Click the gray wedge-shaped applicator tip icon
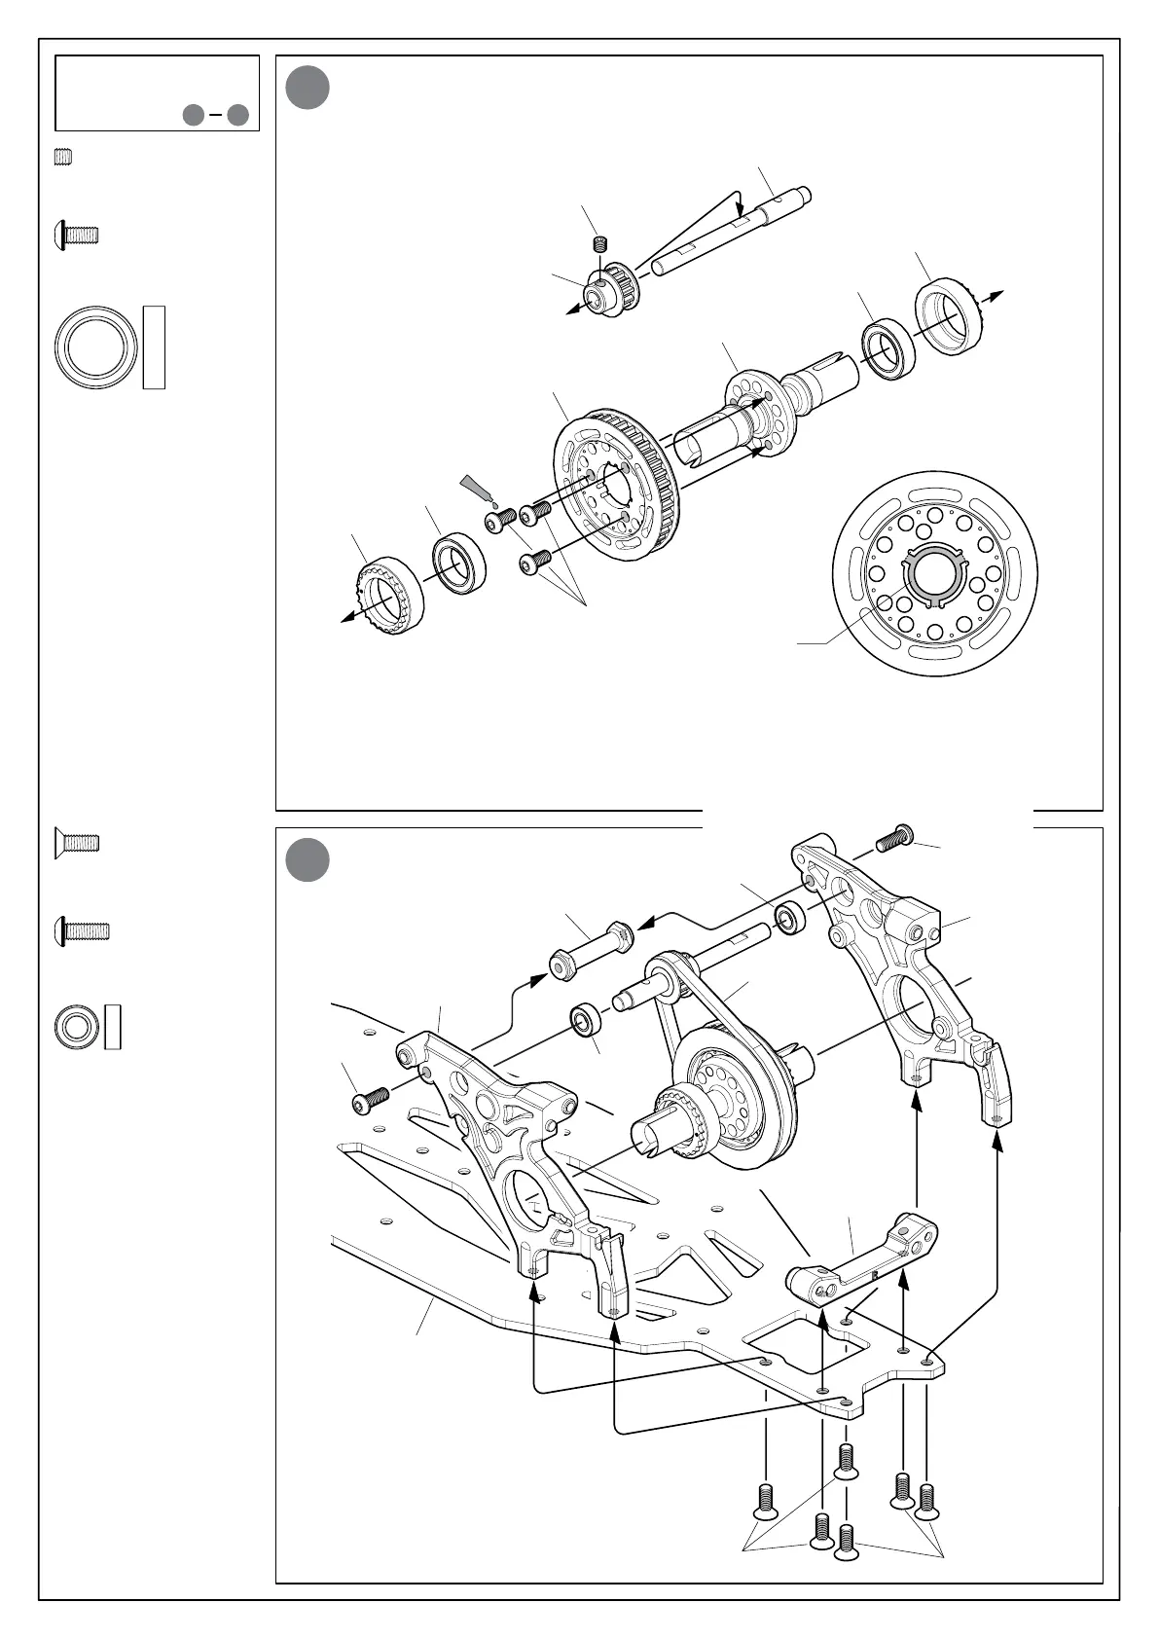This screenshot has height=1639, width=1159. coord(477,487)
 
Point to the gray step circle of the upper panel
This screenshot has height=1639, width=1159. coord(308,88)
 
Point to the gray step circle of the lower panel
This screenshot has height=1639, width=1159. coord(308,859)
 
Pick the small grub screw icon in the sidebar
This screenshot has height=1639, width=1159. coord(65,158)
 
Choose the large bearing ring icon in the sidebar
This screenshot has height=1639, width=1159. coord(94,347)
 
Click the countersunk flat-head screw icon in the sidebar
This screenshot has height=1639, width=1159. coord(76,843)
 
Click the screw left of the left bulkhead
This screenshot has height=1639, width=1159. coord(370,1100)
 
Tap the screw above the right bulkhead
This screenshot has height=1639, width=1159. coord(895,836)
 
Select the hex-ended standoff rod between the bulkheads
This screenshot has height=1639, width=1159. coord(593,951)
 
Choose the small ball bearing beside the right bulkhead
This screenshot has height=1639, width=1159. coord(788,918)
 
